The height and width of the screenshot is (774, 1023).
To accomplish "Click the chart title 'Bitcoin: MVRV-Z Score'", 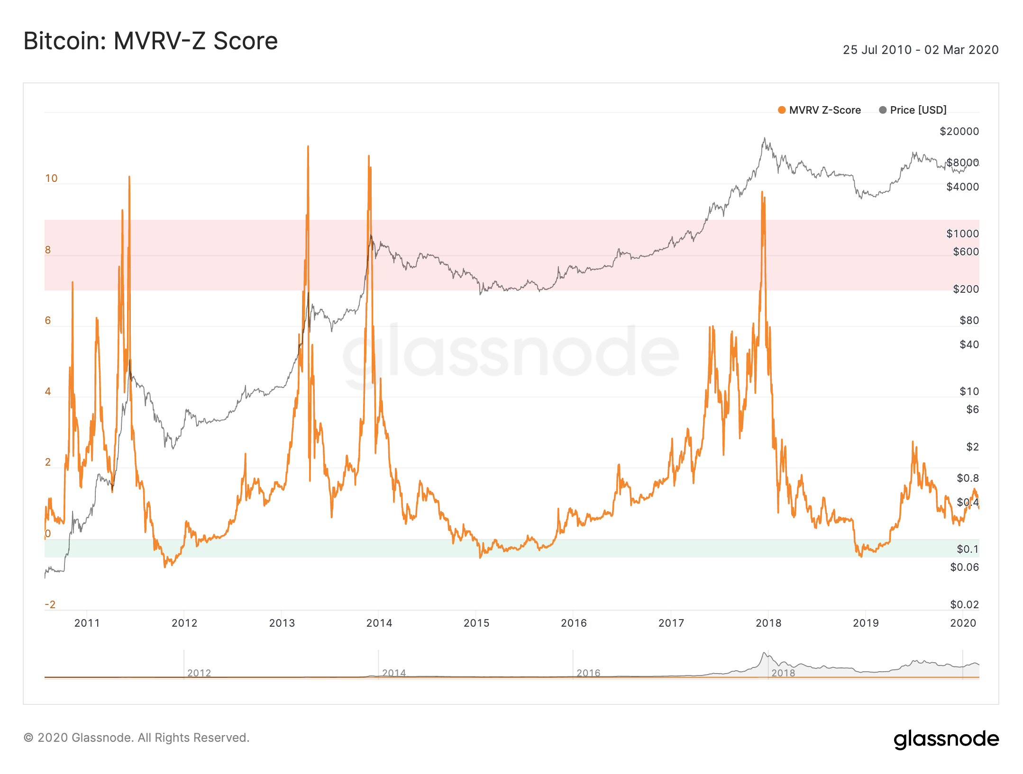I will [150, 41].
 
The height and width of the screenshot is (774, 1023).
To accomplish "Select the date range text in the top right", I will [920, 50].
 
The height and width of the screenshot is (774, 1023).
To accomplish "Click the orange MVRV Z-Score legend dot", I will [782, 110].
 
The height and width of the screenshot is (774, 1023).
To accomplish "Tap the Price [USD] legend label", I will [918, 110].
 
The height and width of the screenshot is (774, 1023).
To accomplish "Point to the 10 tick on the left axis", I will [51, 179].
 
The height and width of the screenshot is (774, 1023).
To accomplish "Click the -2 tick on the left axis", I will [50, 604].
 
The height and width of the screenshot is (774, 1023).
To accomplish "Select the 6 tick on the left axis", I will [48, 321].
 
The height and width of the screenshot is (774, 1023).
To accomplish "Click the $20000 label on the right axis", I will [959, 131].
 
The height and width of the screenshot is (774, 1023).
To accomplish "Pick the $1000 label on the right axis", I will [962, 234].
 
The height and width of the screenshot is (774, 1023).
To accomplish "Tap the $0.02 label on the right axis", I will [964, 604].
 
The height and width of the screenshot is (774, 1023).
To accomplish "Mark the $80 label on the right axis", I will [969, 321].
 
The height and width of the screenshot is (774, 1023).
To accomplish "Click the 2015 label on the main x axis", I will [476, 623].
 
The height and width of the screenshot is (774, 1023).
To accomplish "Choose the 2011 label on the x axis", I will [87, 623].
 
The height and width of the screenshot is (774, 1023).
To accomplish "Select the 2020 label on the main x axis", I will [963, 623].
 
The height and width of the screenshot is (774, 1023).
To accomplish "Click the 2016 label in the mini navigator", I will [588, 673].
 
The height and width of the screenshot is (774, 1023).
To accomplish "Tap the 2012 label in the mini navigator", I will [199, 673].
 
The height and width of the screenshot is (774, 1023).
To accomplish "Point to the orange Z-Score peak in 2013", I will [308, 147].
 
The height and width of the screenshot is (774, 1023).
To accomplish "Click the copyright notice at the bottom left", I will [137, 738].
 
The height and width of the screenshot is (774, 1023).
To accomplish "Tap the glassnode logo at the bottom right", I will [946, 739].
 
